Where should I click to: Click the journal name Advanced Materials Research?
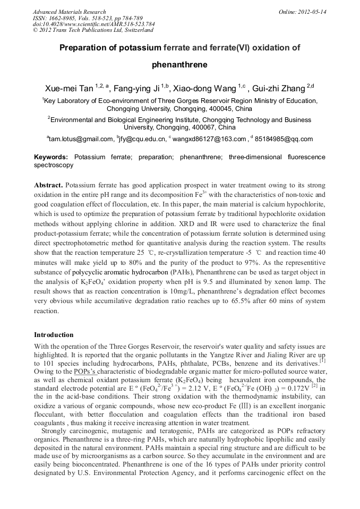(69, 12)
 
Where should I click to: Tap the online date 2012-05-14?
(312, 12)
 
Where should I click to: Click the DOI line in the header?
(93, 24)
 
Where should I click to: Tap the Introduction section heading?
(54, 335)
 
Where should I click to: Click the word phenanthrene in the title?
(179, 65)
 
